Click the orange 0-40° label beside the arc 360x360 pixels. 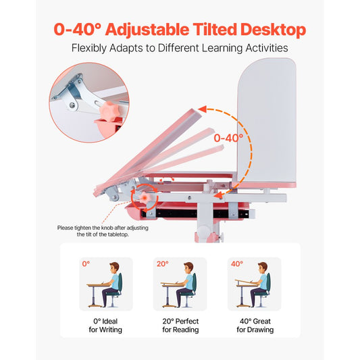(x=228, y=138)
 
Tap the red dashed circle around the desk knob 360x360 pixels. (x=144, y=198)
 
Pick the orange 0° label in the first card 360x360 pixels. (x=86, y=264)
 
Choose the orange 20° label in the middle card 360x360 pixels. (x=162, y=264)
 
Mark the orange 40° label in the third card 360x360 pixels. (x=237, y=264)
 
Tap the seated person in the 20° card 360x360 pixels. (x=188, y=282)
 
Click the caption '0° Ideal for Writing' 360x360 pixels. (x=106, y=325)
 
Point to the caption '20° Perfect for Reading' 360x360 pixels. (x=180, y=325)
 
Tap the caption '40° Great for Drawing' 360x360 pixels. (x=255, y=325)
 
